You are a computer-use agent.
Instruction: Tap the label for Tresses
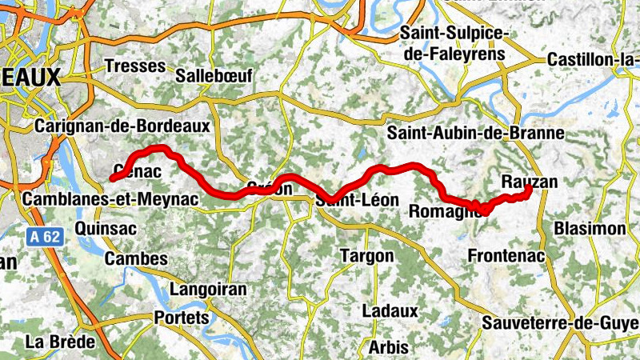point(134,66)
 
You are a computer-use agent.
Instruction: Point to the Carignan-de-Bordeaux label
point(122,126)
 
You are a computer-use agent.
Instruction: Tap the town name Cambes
point(136,258)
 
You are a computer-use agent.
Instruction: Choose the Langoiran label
point(206,289)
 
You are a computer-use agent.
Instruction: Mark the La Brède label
point(60,342)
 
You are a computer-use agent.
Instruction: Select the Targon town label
point(367,256)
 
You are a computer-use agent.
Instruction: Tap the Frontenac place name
point(505,256)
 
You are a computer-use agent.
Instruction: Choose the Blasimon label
point(590,229)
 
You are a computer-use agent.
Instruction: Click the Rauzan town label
point(529,182)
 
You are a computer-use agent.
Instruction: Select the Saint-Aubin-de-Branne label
point(475,133)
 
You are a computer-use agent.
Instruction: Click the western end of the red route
point(112,178)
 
